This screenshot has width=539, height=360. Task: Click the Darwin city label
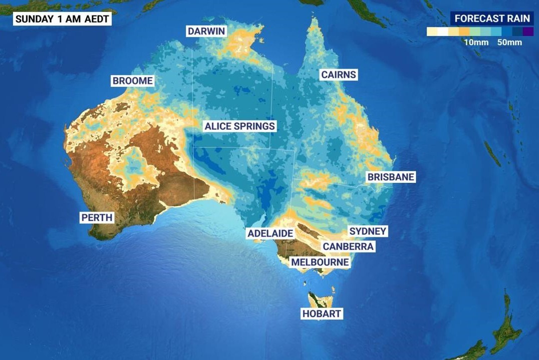click(206, 32)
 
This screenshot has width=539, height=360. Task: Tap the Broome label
click(132, 81)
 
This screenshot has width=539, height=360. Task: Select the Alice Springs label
click(239, 126)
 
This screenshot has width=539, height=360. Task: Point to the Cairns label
click(339, 75)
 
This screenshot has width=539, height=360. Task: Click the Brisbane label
click(391, 177)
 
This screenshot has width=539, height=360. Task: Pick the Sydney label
click(368, 231)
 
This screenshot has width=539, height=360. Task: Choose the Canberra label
click(348, 246)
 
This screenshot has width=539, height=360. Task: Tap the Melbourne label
click(320, 262)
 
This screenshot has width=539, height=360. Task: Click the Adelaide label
click(270, 233)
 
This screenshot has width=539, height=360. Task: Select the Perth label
click(97, 218)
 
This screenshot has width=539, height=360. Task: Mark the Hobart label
click(322, 314)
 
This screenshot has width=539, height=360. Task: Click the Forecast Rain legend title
click(492, 19)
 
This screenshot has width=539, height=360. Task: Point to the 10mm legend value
click(476, 43)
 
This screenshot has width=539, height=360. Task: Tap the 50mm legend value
click(509, 43)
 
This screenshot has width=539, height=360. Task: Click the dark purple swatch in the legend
click(528, 32)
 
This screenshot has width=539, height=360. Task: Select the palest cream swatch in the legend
click(432, 32)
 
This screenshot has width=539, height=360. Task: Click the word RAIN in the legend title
click(518, 19)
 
